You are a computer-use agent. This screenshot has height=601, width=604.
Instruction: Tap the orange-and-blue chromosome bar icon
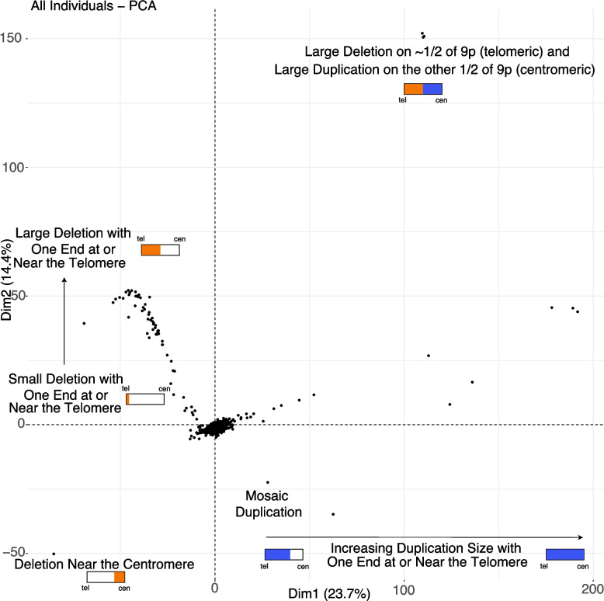coord(423,89)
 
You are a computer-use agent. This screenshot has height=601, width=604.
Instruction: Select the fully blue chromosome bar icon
coord(564,554)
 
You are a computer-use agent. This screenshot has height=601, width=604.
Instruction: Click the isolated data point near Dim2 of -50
coord(54,554)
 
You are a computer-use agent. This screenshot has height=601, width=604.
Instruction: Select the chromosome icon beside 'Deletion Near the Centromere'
coord(106,577)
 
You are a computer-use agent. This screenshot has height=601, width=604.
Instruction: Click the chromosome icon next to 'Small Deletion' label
coord(145,399)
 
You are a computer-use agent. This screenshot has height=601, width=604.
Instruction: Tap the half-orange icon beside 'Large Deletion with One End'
coord(160,250)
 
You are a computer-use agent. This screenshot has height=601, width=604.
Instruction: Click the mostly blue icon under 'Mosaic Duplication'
coord(283,554)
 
